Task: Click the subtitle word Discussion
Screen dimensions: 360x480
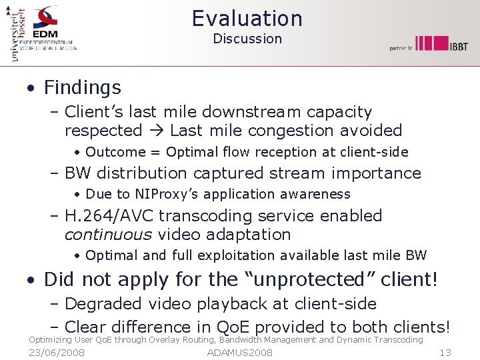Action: [x=247, y=39]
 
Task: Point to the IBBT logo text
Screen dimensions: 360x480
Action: [x=457, y=45]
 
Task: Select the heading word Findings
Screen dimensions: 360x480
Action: [x=83, y=87]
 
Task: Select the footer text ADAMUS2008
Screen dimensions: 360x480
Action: [x=240, y=353]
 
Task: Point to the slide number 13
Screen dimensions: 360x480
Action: [x=446, y=353]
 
